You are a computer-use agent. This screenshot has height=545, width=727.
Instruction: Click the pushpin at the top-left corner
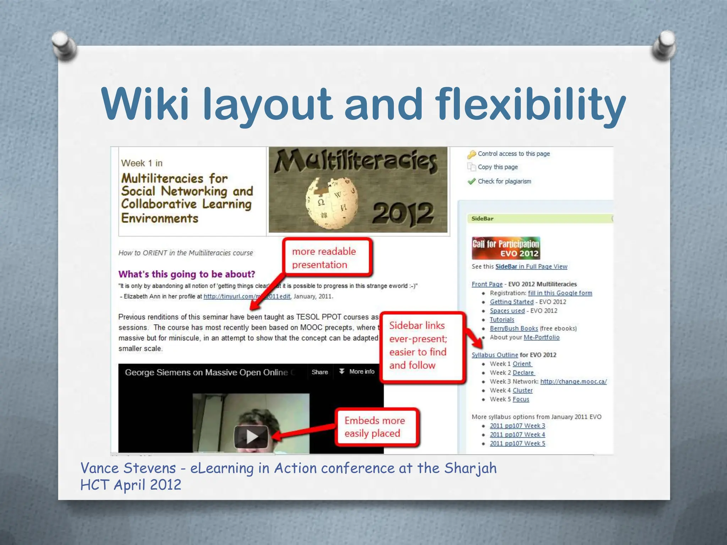click(63, 45)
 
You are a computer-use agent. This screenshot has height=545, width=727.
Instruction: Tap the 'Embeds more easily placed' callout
click(376, 427)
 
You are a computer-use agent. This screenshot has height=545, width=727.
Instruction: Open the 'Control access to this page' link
click(513, 154)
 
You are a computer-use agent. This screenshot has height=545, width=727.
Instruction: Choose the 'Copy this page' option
click(497, 167)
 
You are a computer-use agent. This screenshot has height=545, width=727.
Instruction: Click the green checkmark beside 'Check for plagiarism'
click(471, 182)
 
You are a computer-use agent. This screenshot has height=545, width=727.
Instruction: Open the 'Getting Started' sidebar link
click(512, 302)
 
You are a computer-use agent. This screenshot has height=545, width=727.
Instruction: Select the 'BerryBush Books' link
click(514, 329)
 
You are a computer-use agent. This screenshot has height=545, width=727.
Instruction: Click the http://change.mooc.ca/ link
click(573, 382)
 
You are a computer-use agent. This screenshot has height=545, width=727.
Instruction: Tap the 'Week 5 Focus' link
click(521, 400)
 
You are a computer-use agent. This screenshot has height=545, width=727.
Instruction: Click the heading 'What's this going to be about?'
click(187, 274)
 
